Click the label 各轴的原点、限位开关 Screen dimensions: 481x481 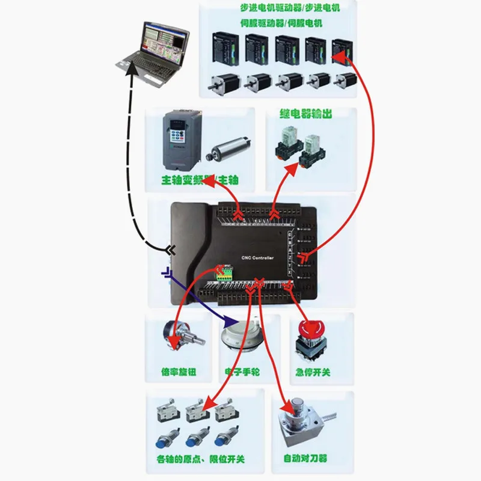pyautogui.click(x=204, y=460)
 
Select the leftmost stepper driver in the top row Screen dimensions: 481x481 pyautogui.click(x=224, y=47)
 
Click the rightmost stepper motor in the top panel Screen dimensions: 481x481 pyautogui.click(x=345, y=81)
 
